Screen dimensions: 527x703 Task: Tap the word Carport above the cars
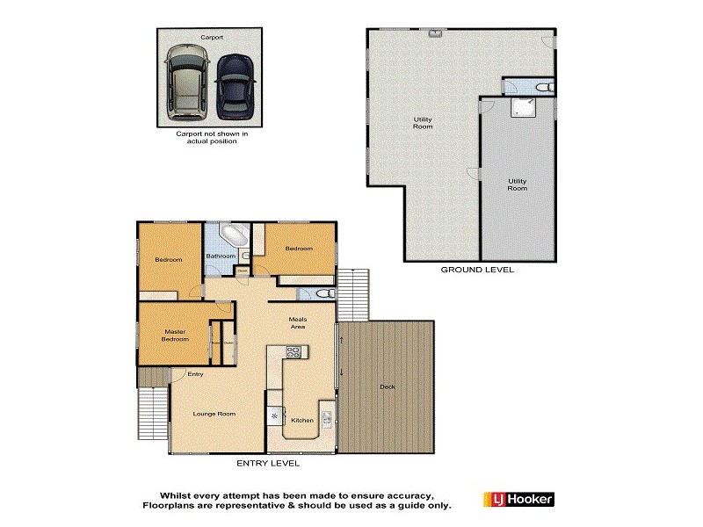[x=211, y=38]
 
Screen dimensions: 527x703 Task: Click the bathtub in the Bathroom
[x=234, y=236]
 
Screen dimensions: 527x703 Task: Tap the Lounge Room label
[x=214, y=413]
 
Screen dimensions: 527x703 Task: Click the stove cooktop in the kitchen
[x=294, y=353]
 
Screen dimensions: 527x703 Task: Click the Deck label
[x=388, y=387]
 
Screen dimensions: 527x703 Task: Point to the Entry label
[x=195, y=375]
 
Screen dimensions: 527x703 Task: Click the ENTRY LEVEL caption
[x=268, y=463]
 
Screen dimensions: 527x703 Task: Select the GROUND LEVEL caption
[x=476, y=270]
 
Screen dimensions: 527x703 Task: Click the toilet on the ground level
[x=543, y=87]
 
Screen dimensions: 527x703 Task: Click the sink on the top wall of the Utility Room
[x=435, y=33]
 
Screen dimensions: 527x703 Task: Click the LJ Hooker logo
[x=518, y=500]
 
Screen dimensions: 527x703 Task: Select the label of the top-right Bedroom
[x=298, y=249]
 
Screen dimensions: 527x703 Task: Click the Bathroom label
[x=221, y=256]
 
